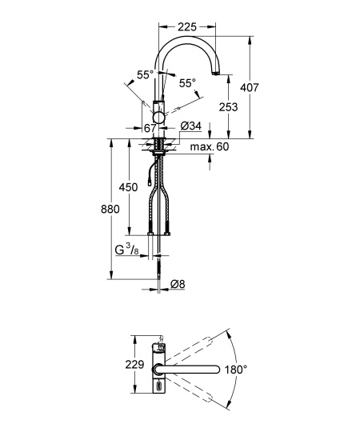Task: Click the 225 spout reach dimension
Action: pos(187,27)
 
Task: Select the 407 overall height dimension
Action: pos(250,88)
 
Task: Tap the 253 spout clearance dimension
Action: pos(228,107)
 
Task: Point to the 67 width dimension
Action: pos(150,128)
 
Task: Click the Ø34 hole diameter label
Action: pos(191,126)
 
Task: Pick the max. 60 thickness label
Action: pos(210,146)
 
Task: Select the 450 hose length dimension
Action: pos(128,187)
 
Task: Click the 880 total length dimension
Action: pos(110,210)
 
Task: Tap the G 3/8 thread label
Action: pos(126,250)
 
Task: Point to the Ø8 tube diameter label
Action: pos(178,284)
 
